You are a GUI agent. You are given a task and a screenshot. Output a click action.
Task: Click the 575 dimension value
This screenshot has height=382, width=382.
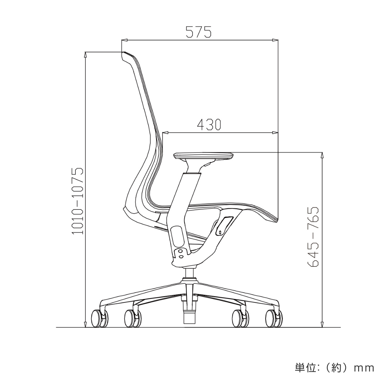[199, 32]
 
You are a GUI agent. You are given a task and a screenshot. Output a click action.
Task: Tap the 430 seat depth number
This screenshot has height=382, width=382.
[209, 124]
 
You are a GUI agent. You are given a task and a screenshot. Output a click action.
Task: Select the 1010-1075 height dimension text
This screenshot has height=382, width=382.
[77, 201]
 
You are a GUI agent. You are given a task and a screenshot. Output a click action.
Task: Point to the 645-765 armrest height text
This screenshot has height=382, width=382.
[313, 237]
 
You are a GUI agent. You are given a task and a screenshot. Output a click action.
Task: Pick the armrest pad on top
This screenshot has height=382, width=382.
[204, 155]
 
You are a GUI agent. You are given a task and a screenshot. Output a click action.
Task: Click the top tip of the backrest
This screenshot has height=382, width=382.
[124, 52]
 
